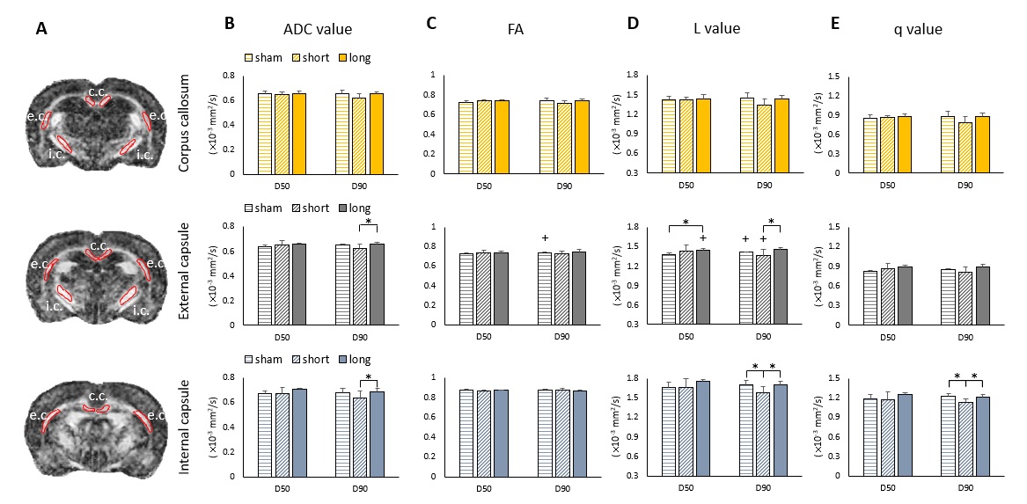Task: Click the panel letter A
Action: click(x=41, y=28)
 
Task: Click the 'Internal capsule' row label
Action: click(x=186, y=425)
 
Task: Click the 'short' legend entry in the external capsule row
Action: click(x=308, y=208)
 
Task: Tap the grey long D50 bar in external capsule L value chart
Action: click(x=703, y=287)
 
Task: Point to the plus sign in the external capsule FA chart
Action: click(x=546, y=237)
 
